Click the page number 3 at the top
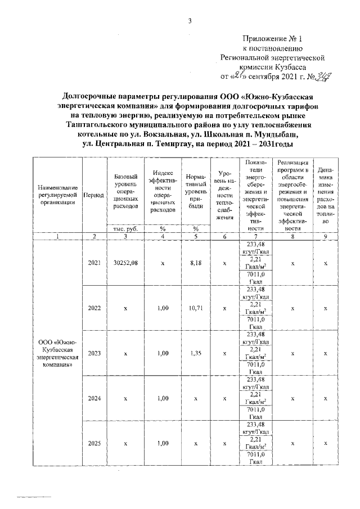[x=190, y=21]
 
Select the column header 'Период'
[x=93, y=195]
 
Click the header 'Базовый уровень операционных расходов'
[x=126, y=191]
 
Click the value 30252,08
[x=126, y=263]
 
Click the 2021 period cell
[x=94, y=263]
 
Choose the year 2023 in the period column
[x=94, y=353]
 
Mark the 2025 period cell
[x=94, y=443]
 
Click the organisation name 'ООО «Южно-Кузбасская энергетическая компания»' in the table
[x=57, y=353]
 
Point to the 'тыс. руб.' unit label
[x=126, y=229]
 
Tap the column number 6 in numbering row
[x=224, y=237]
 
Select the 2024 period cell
[x=94, y=398]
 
